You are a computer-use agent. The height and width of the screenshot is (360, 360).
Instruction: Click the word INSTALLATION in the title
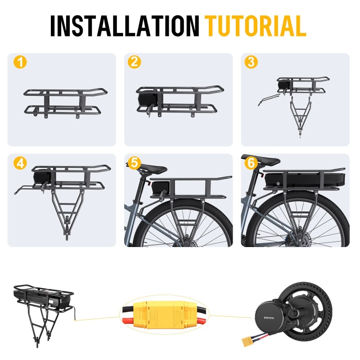pyautogui.click(x=125, y=26)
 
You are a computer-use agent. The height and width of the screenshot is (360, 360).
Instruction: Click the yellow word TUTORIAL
pyautogui.click(x=255, y=26)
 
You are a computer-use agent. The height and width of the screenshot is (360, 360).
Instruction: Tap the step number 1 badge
pyautogui.click(x=20, y=62)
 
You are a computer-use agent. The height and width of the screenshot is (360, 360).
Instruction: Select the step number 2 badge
pyautogui.click(x=134, y=62)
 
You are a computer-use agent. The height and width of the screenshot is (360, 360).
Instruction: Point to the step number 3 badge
pyautogui.click(x=251, y=62)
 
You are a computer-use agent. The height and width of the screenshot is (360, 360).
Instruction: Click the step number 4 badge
pyautogui.click(x=20, y=163)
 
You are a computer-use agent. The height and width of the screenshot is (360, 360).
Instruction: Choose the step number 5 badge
pyautogui.click(x=134, y=163)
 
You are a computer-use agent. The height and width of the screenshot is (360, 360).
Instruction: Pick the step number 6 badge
pyautogui.click(x=251, y=163)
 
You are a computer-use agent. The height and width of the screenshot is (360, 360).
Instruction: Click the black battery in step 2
pyautogui.click(x=148, y=100)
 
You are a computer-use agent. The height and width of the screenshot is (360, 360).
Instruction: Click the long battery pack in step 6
pyautogui.click(x=305, y=180)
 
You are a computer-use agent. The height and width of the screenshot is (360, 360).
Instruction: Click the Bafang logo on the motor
pyautogui.click(x=269, y=318)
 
